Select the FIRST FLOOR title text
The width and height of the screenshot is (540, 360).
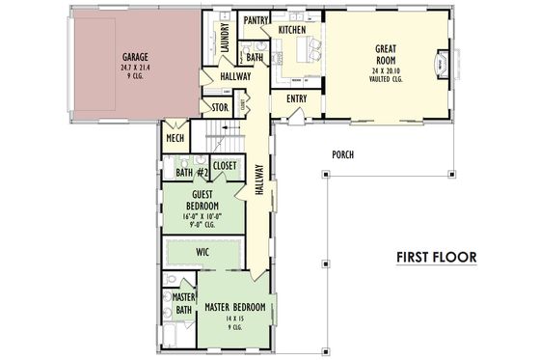(x=436, y=258)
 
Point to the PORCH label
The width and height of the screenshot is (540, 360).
(x=343, y=154)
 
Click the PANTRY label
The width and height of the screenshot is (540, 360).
(x=256, y=19)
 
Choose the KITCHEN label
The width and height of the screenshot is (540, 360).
(x=292, y=31)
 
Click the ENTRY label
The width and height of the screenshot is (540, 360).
(x=297, y=98)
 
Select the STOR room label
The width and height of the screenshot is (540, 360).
(x=219, y=108)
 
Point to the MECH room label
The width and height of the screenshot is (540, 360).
(x=175, y=139)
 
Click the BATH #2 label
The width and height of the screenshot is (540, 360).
(x=192, y=173)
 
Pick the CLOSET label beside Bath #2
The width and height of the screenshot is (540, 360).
(x=226, y=165)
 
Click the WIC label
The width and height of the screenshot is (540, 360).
(x=202, y=252)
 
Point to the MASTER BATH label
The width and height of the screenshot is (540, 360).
(x=183, y=303)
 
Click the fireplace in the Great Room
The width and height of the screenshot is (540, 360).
(x=443, y=65)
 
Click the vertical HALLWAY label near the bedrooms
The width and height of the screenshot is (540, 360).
(x=258, y=180)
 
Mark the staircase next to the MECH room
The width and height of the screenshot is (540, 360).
(x=221, y=135)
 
